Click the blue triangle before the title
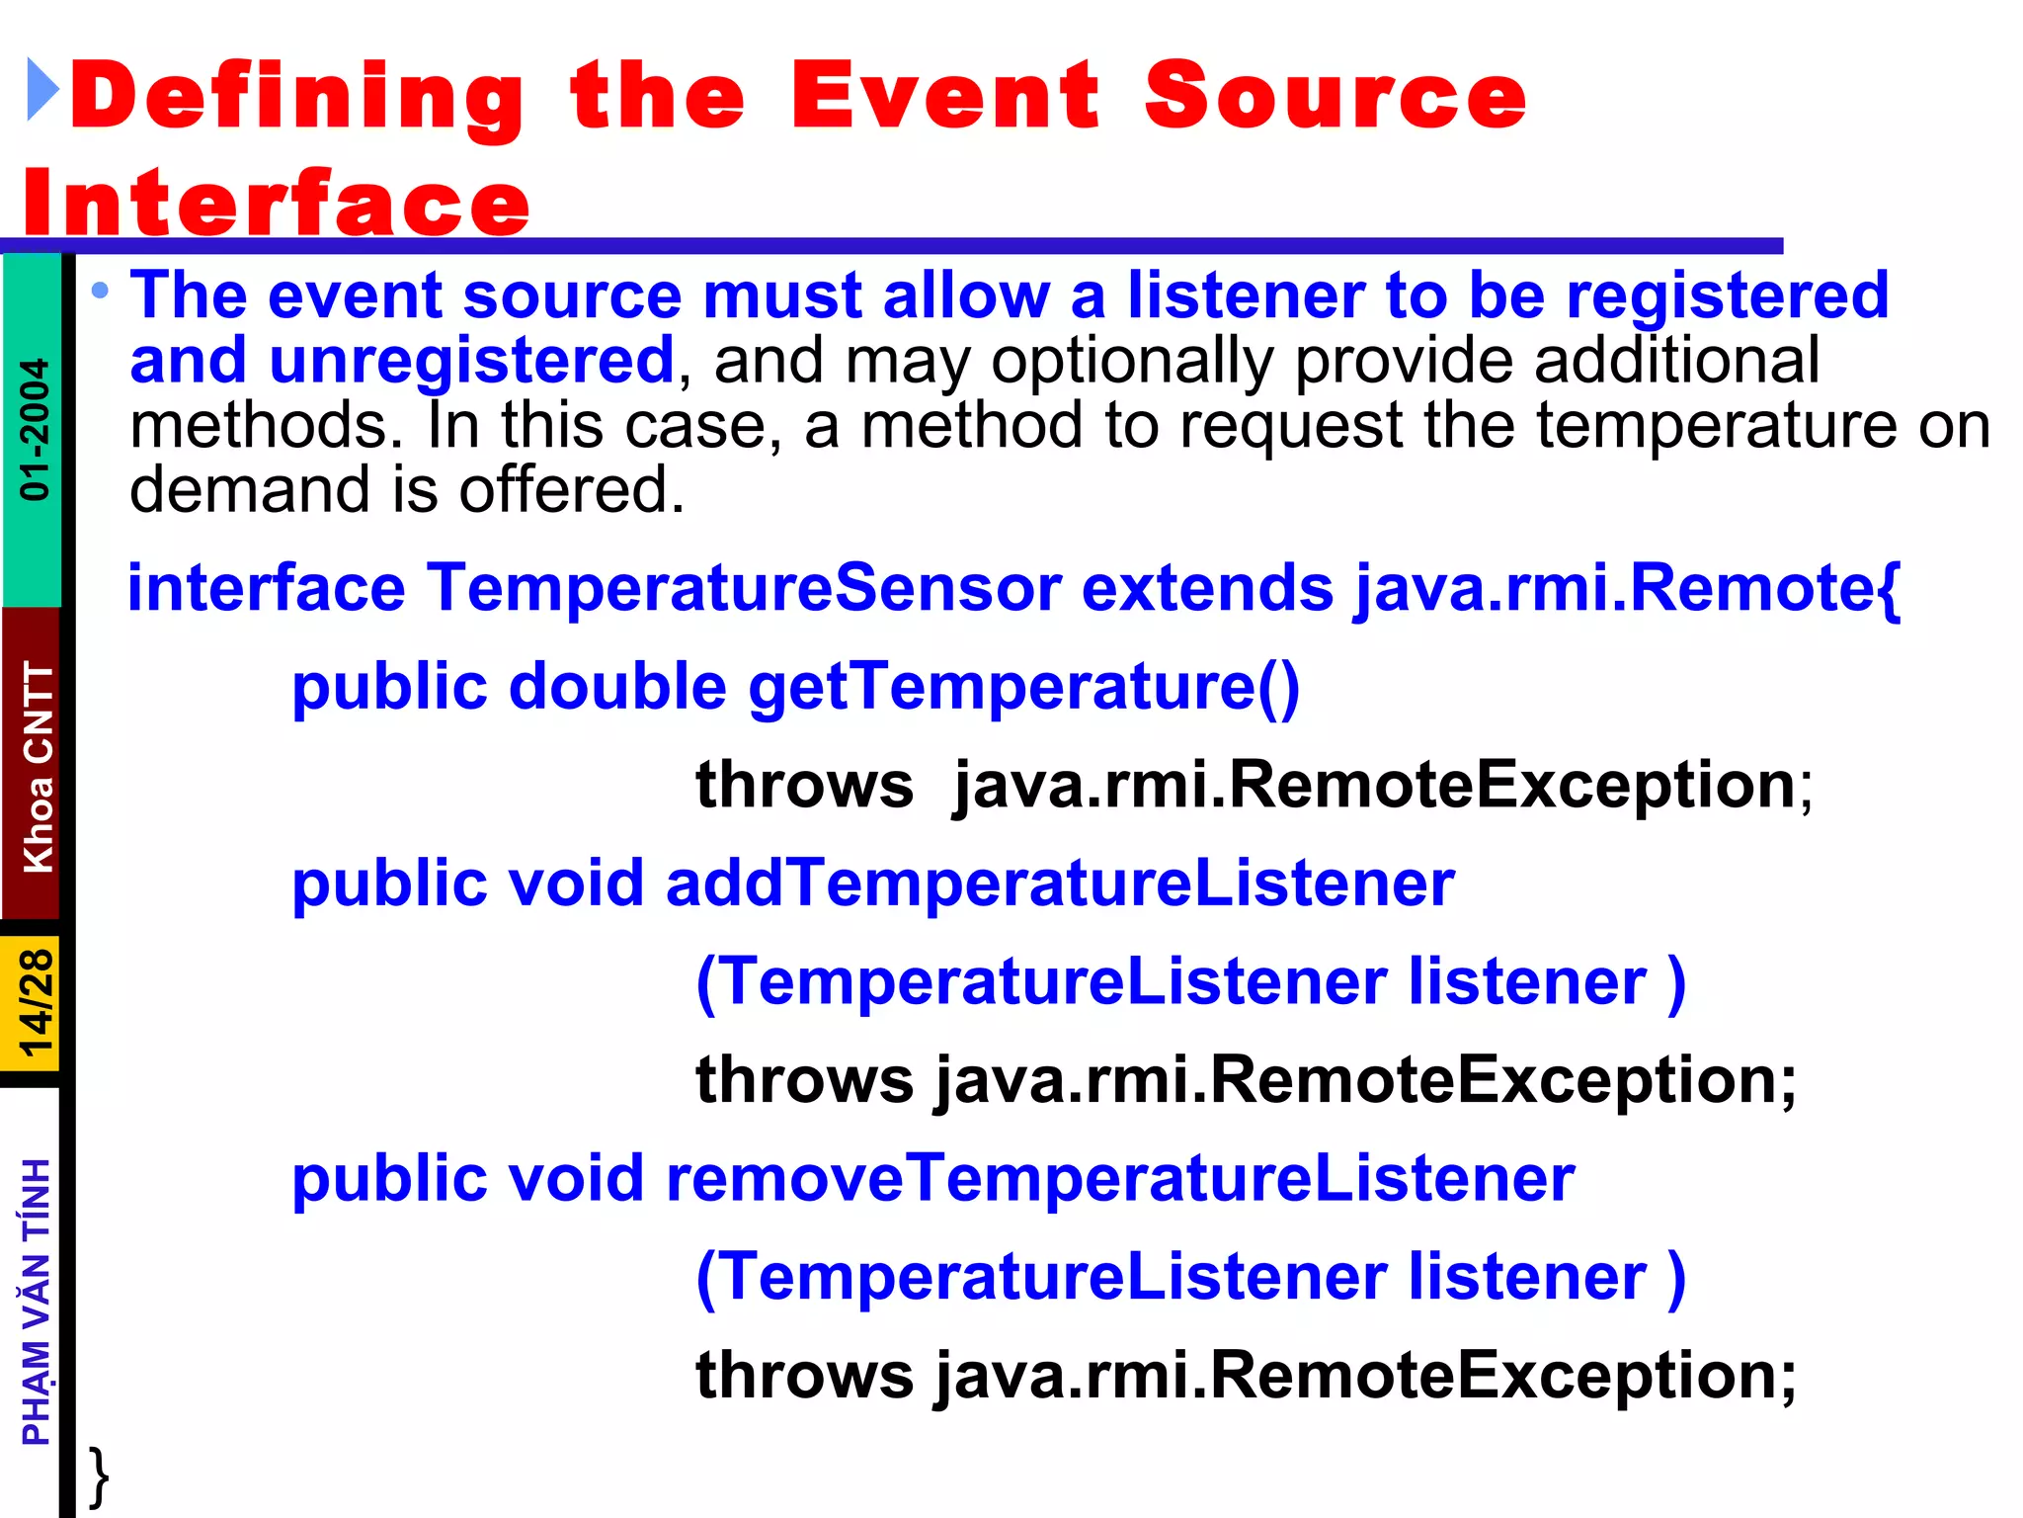[41, 90]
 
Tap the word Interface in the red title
[277, 204]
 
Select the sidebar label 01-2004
[35, 429]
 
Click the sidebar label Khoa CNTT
[38, 766]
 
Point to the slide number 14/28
[36, 1003]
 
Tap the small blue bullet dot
[100, 291]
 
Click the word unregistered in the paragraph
[471, 360]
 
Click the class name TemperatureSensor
[743, 588]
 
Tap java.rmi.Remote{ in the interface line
[1626, 588]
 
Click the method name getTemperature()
[1023, 687]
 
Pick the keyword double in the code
[617, 687]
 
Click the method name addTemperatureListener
[1059, 883]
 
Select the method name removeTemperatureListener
[1120, 1178]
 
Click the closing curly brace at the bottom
[99, 1476]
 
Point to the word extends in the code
[1207, 588]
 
